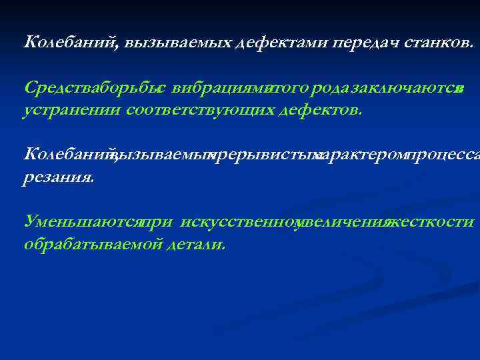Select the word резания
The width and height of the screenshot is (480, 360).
(59, 177)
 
